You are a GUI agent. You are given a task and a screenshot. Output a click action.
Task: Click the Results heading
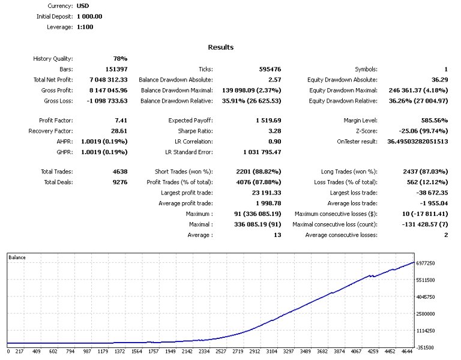[x=221, y=47]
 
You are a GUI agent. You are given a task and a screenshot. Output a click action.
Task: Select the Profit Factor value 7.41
[x=120, y=120]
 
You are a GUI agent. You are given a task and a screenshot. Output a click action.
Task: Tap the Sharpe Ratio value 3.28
[x=273, y=130]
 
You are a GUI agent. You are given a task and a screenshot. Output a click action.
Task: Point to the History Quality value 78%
[x=120, y=59]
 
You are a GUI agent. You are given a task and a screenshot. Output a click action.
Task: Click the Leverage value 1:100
[x=85, y=26]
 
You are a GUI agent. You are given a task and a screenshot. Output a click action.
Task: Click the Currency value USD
[x=83, y=6]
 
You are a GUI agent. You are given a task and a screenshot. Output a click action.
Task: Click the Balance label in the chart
[x=17, y=257]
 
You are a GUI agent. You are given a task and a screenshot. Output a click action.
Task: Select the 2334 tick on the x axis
[x=205, y=352]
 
